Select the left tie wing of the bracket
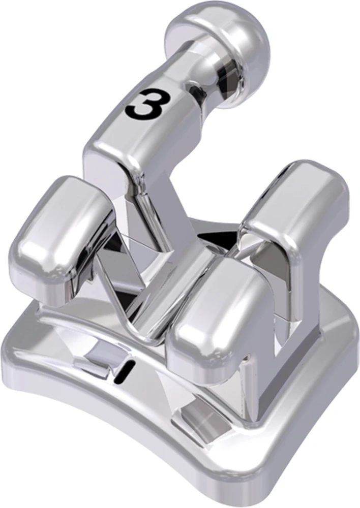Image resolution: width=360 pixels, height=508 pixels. pos(61,234)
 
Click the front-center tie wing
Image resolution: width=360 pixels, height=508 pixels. pos(214,315)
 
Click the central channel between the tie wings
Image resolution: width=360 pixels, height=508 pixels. pos(168,284)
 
